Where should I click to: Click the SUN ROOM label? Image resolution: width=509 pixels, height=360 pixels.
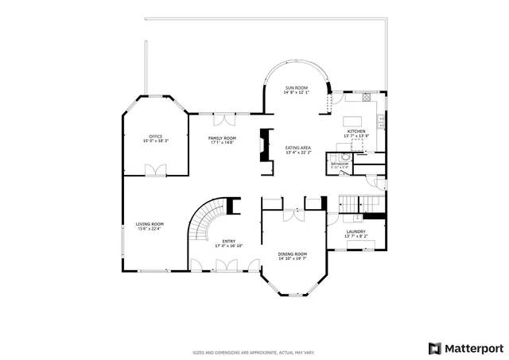pyautogui.click(x=296, y=87)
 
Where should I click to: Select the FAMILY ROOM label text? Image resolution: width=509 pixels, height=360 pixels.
pyautogui.click(x=222, y=138)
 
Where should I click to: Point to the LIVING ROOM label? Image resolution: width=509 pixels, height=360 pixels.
pyautogui.click(x=150, y=224)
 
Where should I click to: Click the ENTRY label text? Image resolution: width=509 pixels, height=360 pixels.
pyautogui.click(x=228, y=242)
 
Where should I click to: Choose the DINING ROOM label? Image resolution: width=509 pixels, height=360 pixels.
pyautogui.click(x=292, y=254)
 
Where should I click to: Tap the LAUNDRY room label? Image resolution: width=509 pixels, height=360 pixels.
pyautogui.click(x=356, y=232)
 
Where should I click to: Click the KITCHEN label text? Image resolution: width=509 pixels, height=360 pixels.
pyautogui.click(x=356, y=131)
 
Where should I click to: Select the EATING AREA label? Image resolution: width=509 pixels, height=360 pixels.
pyautogui.click(x=298, y=148)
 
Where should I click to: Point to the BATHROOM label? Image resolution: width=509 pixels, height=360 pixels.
pyautogui.click(x=340, y=164)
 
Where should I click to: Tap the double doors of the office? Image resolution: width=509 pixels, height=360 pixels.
pyautogui.click(x=155, y=170)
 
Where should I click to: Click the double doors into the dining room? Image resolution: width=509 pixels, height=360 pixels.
pyautogui.click(x=293, y=215)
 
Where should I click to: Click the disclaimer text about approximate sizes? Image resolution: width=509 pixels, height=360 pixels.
pyautogui.click(x=254, y=352)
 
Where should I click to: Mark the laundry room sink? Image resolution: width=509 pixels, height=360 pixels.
pyautogui.click(x=358, y=216)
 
